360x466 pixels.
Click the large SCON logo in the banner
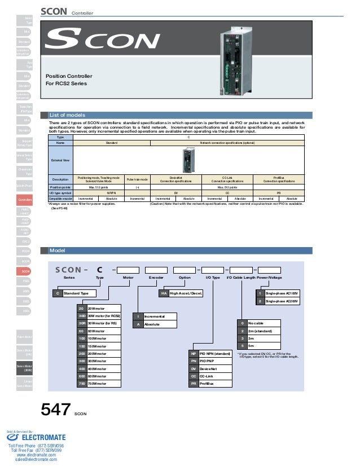click(x=101, y=40)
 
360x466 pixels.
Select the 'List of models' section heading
click(x=67, y=115)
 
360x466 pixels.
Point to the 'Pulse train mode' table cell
click(x=137, y=179)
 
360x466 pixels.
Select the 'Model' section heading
click(x=57, y=250)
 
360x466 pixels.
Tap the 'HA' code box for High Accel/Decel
click(x=164, y=294)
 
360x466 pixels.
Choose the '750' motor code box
click(x=81, y=384)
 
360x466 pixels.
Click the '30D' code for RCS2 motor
click(x=81, y=316)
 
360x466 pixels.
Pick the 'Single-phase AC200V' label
click(x=282, y=302)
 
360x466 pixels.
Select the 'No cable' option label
click(x=256, y=323)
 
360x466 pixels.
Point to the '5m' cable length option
click(x=251, y=345)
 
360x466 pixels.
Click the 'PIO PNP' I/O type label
click(x=208, y=361)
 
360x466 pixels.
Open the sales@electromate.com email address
click(x=36, y=460)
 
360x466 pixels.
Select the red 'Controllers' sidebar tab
click(x=24, y=200)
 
